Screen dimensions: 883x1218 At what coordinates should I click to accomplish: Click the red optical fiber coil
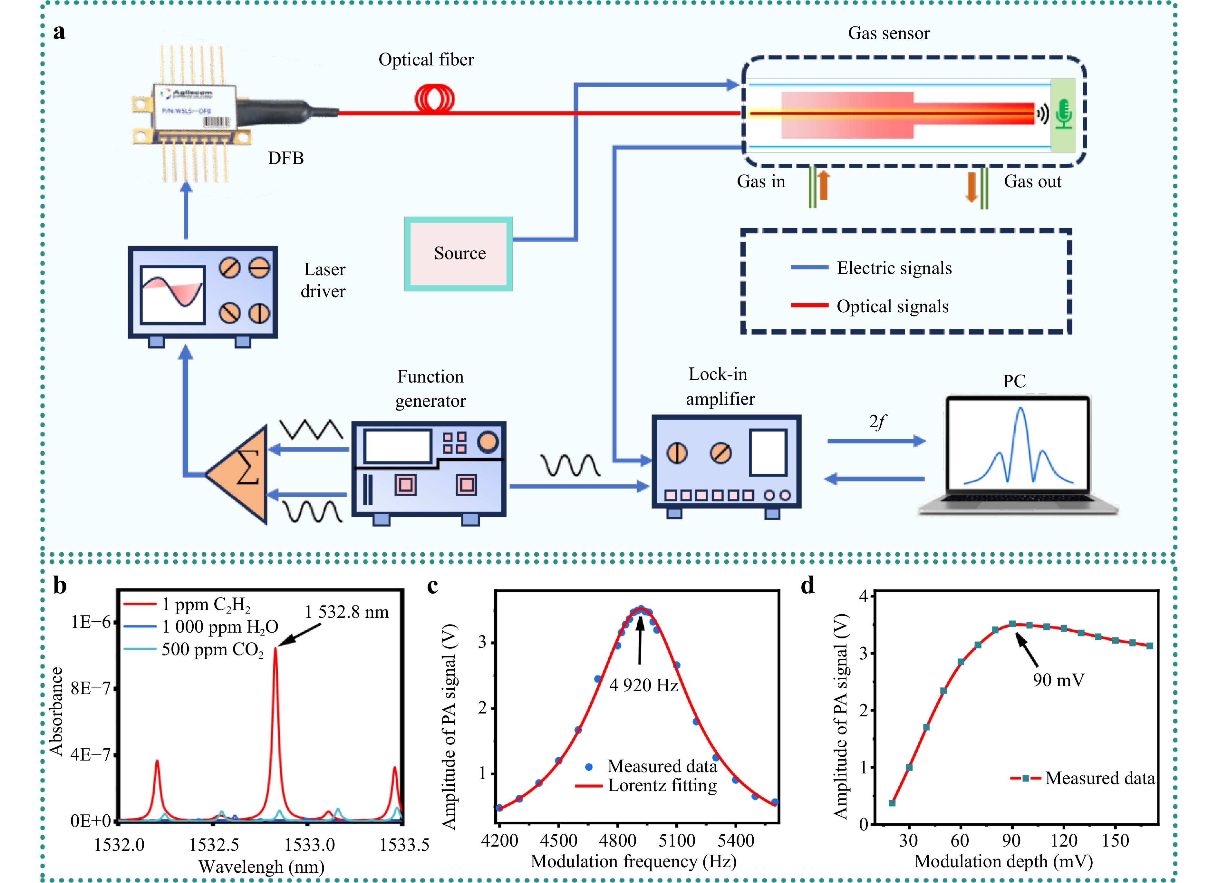434,99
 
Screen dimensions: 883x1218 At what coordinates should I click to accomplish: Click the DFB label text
286,159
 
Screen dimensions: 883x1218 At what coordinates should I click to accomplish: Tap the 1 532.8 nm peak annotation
346,612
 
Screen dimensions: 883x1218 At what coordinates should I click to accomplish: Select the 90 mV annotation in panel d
1058,680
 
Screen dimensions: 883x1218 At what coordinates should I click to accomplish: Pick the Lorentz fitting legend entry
662,785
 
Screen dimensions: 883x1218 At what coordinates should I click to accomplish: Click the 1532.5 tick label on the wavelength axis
214,845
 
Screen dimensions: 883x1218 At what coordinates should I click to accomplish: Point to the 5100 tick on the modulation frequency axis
677,840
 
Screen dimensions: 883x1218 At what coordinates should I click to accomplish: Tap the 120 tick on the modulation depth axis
1064,840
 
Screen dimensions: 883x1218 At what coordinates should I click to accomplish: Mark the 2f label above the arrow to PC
877,422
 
